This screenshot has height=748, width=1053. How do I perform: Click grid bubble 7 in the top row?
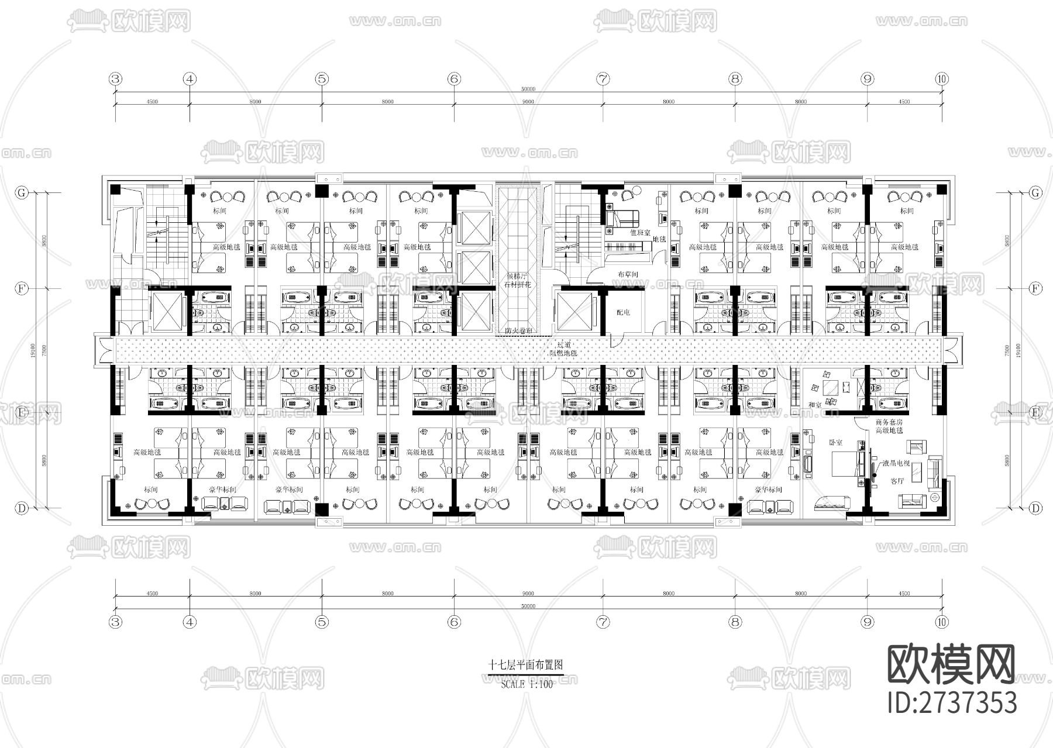point(603,79)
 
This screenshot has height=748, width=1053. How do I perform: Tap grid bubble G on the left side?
point(22,192)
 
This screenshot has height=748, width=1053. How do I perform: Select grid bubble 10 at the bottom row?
point(941,622)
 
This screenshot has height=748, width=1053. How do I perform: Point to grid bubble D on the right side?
point(1035,508)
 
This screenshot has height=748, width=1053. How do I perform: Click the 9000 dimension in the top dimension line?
point(528,102)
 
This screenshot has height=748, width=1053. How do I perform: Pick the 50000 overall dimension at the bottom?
point(528,606)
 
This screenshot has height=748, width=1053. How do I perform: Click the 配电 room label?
point(623,312)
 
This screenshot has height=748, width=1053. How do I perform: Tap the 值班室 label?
point(640,232)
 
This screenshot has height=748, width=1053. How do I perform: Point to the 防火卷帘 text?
point(518,331)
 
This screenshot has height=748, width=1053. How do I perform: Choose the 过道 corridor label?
point(563,346)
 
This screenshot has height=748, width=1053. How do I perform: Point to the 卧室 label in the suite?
point(835,443)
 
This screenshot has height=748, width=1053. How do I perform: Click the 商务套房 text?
point(889,422)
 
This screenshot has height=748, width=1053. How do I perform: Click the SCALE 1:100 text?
point(526,684)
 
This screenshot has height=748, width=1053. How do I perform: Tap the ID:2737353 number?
point(952,702)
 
